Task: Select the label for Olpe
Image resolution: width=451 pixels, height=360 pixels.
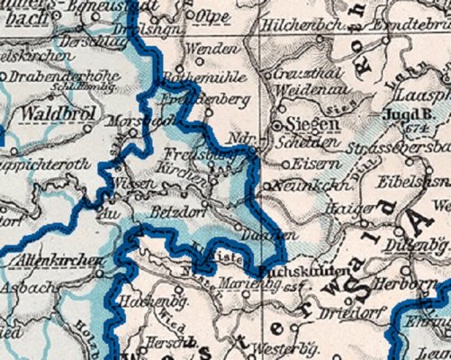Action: coord(213,16)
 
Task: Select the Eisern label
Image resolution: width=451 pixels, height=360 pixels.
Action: coord(311,164)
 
